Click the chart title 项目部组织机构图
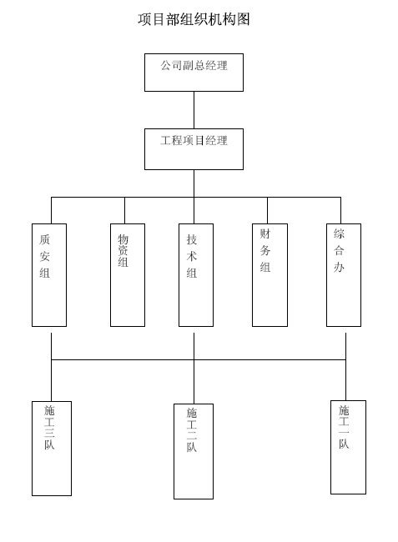tap(194, 19)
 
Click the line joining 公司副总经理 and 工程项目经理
tap(194, 110)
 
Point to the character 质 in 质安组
tap(44, 239)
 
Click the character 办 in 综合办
tap(339, 267)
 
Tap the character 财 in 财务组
tap(265, 233)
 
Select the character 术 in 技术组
tap(192, 256)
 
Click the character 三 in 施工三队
tap(49, 433)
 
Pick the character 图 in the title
tap(244, 19)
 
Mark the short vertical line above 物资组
tap(124, 210)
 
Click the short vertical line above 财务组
tap(267, 210)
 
